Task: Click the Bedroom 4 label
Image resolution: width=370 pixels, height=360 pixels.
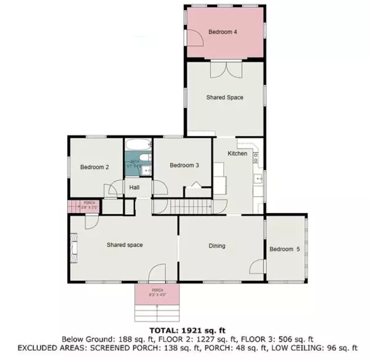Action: coord(223,31)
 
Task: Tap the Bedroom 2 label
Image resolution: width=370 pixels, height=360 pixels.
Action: coord(94,167)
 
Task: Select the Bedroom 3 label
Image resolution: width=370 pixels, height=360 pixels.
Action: coord(184,165)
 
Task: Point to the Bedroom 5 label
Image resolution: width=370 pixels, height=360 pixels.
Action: coord(284,249)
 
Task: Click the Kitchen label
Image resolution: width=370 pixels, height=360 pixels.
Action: coord(237,153)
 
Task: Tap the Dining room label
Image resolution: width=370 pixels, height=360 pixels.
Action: coord(216,246)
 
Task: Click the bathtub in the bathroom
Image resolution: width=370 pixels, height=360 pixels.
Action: coord(137,146)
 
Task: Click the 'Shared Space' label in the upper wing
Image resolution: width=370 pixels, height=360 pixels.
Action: coord(224,98)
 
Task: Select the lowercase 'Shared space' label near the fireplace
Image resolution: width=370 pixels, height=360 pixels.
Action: coord(125,245)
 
